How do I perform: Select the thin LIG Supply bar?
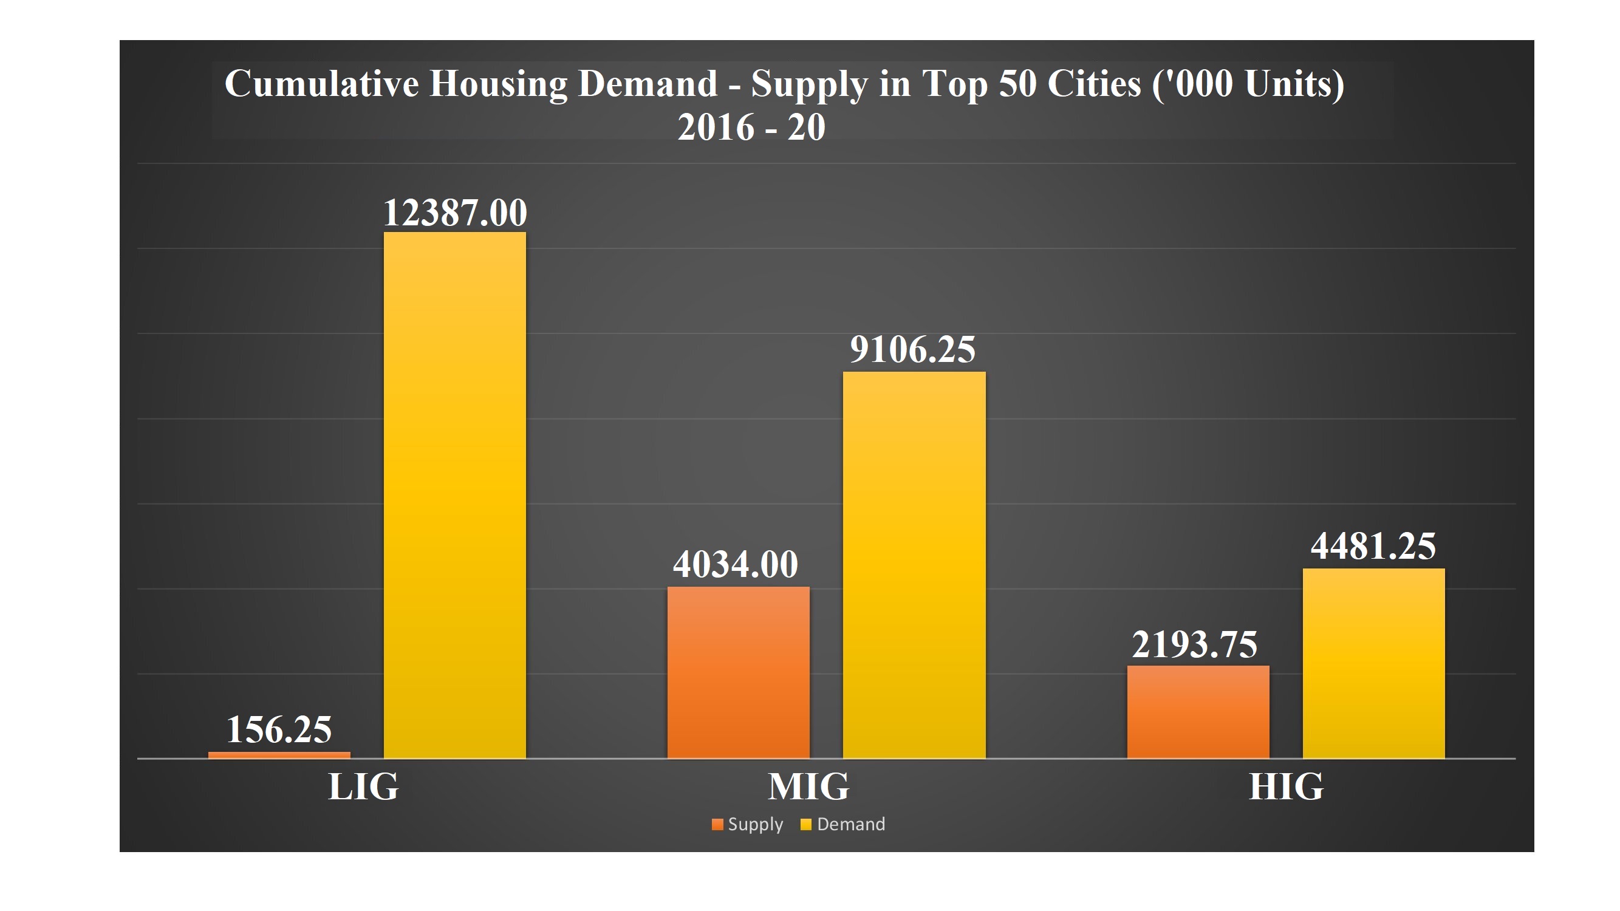tap(279, 755)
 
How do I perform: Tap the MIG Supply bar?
tap(738, 672)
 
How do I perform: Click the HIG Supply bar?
tap(1197, 712)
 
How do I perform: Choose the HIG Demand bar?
tap(1373, 663)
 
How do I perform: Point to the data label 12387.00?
tap(455, 213)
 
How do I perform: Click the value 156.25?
tap(279, 729)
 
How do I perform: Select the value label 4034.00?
tap(735, 564)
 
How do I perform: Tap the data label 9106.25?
tap(912, 350)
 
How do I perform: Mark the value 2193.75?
tap(1194, 644)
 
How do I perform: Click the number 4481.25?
tap(1373, 546)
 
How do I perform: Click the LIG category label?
tap(363, 786)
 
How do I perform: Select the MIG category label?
tap(808, 786)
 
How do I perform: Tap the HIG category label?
tap(1286, 786)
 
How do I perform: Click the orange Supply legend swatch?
tap(717, 825)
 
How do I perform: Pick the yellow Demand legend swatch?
tap(805, 825)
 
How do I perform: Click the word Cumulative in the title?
tap(321, 83)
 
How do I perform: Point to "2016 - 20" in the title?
tap(751, 128)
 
